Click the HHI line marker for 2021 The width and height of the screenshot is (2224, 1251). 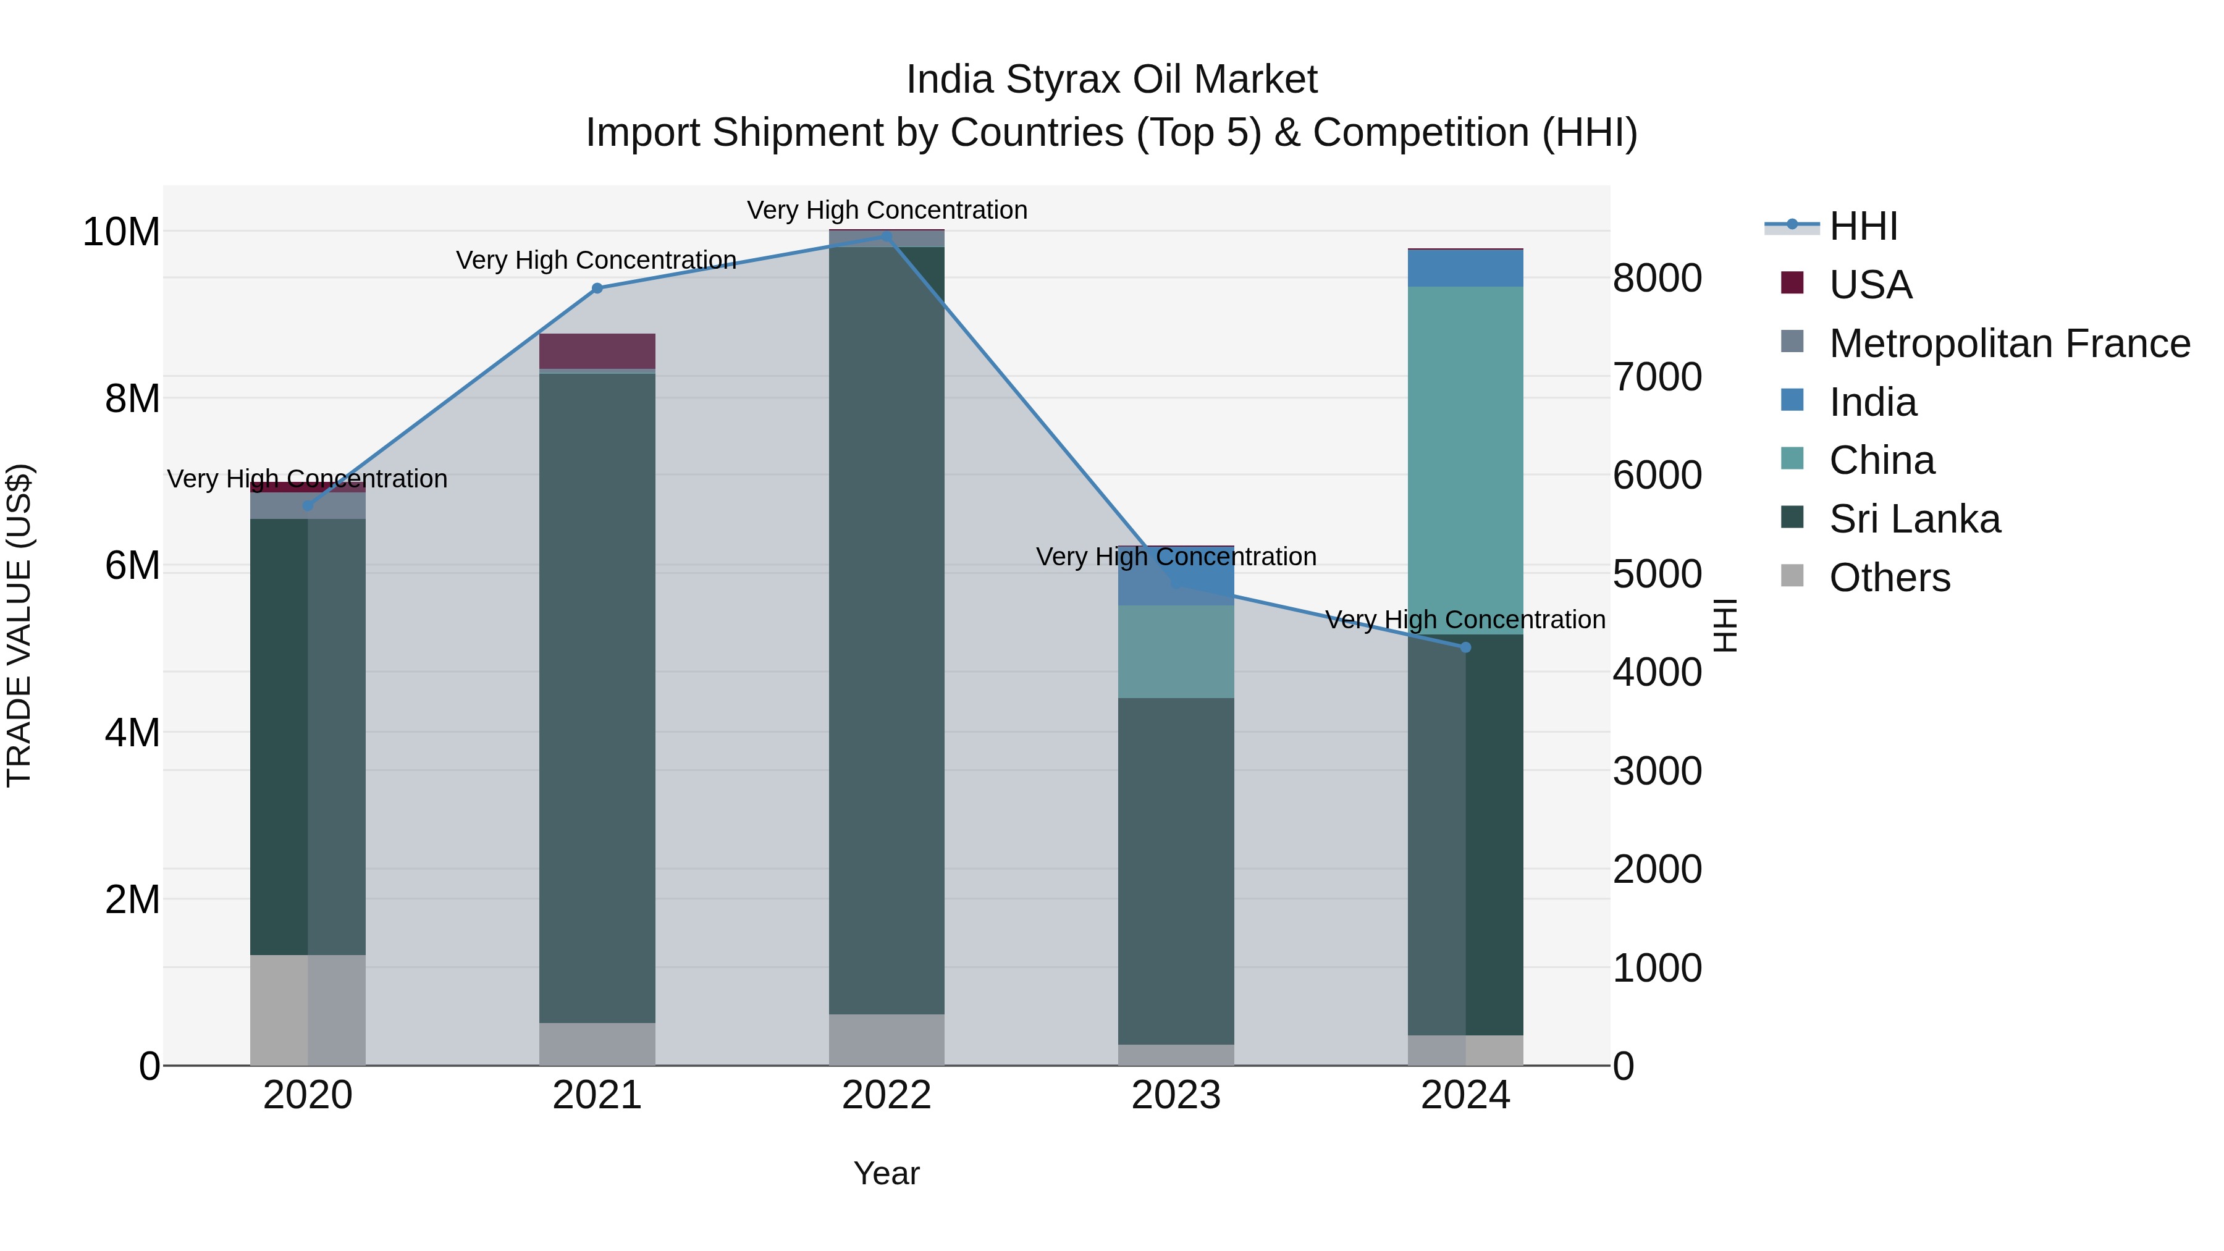[597, 289]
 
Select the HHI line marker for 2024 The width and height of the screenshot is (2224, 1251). [1465, 647]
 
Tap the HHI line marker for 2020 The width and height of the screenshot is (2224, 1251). [308, 506]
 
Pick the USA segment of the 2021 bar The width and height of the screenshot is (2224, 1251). [597, 352]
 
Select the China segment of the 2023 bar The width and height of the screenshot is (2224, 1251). [1176, 652]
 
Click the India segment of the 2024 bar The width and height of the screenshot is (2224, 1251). [1465, 269]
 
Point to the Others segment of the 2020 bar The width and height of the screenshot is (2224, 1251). [308, 1010]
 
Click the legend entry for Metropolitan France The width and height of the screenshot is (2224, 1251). [2008, 343]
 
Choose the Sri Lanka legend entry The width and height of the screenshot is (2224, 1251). [1913, 519]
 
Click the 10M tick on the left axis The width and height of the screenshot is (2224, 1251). [121, 232]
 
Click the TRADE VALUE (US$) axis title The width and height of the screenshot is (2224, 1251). [19, 625]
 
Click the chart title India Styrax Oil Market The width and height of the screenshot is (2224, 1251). [1111, 80]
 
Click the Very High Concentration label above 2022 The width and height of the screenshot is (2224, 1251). [887, 210]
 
